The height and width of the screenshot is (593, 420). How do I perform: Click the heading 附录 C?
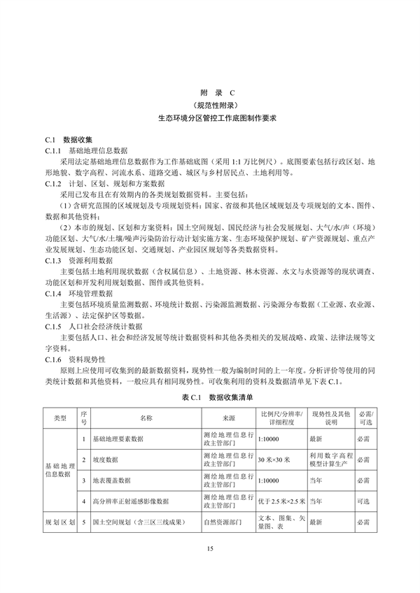(x=209, y=92)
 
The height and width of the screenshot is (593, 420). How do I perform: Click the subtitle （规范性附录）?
(x=209, y=106)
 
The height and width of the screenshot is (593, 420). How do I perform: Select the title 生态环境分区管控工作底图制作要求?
(x=209, y=119)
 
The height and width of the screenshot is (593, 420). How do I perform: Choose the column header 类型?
(x=60, y=418)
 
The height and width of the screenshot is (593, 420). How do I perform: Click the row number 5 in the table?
(x=83, y=522)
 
